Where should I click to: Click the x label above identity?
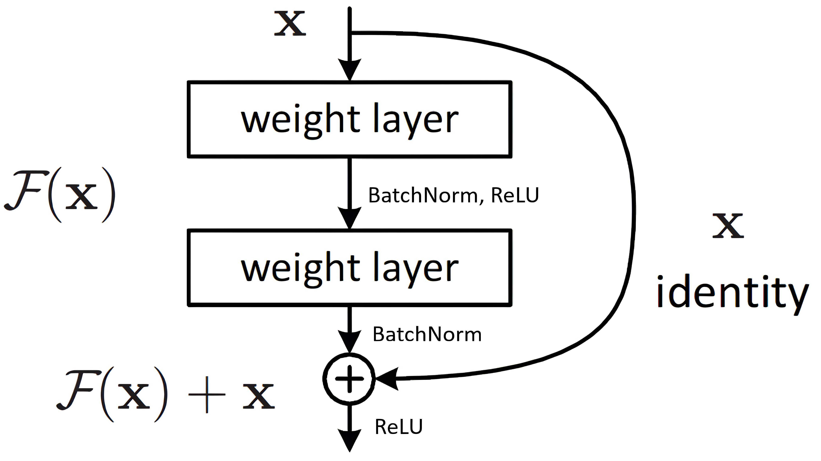tap(728, 226)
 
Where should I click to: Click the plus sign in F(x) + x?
tap(207, 395)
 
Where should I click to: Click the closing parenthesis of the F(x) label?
tap(109, 195)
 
